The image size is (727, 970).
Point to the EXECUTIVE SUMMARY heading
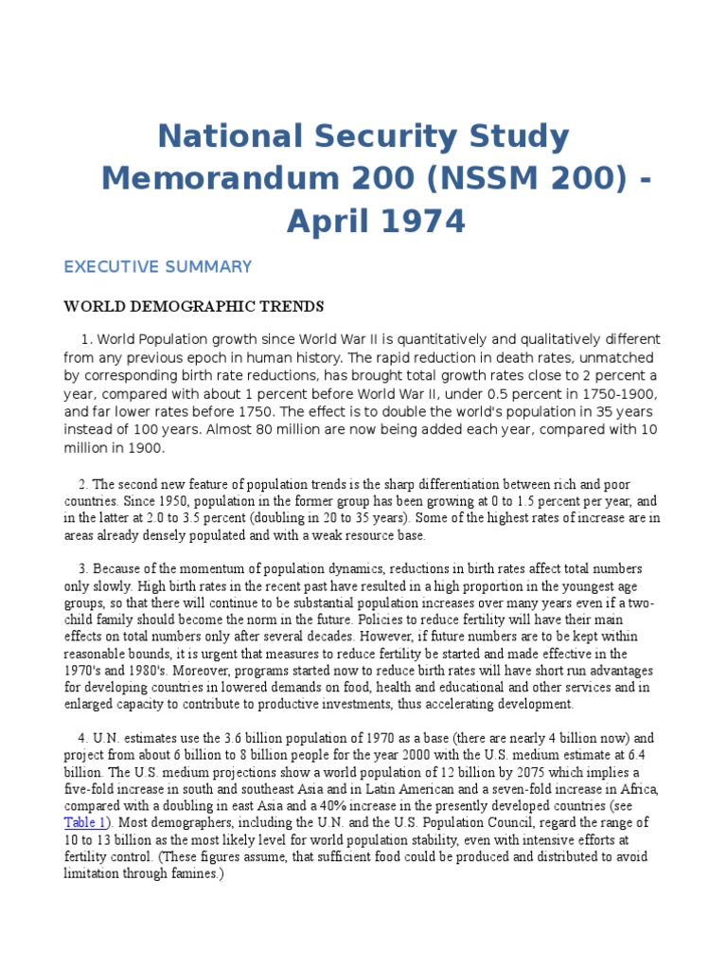pyautogui.click(x=157, y=267)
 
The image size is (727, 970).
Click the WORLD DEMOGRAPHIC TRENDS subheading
pyautogui.click(x=193, y=306)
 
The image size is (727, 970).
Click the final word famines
pyautogui.click(x=190, y=873)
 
